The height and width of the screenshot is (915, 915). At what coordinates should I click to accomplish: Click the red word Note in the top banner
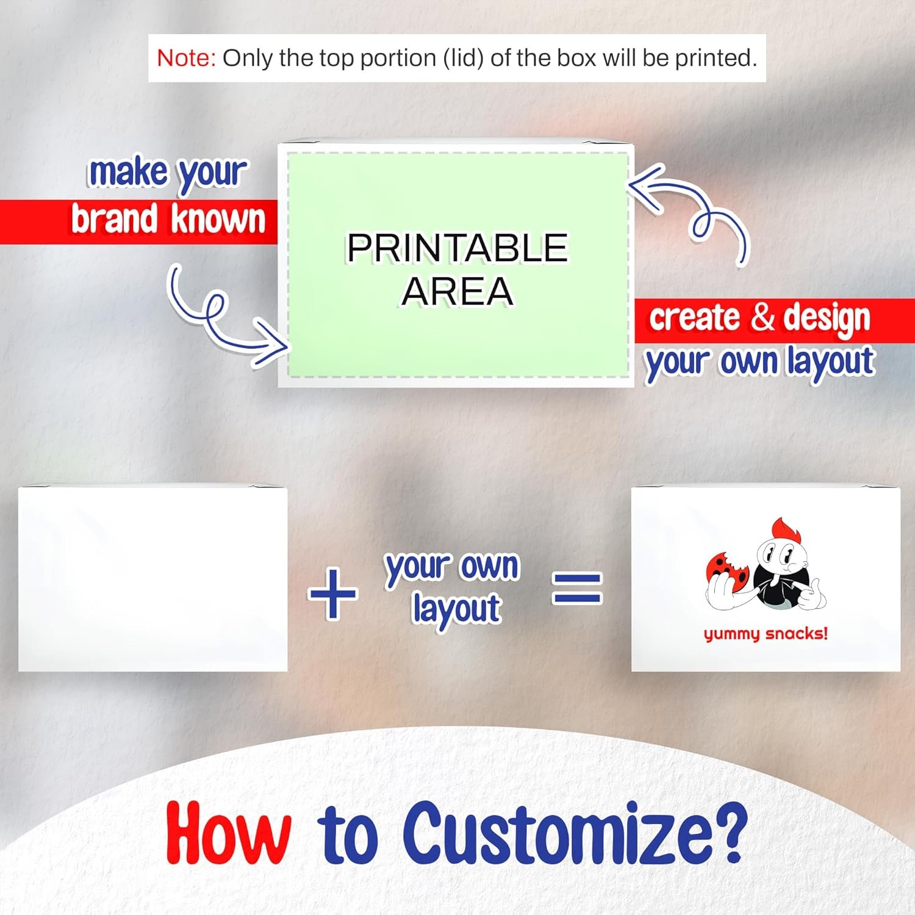click(186, 58)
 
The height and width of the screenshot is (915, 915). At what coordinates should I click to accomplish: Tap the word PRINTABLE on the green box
click(457, 248)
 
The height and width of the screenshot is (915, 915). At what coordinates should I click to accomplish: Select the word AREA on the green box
click(457, 291)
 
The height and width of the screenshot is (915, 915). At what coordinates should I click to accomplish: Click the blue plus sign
click(332, 593)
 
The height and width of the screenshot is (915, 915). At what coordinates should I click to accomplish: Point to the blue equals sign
click(577, 588)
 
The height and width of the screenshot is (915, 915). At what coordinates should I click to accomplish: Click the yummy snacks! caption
click(766, 634)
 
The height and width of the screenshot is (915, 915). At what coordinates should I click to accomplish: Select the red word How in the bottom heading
click(228, 833)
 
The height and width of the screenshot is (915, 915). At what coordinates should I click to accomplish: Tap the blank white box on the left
click(152, 578)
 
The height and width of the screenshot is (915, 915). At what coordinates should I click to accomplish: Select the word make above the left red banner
click(128, 172)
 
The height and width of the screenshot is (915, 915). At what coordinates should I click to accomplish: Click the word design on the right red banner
click(827, 318)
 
